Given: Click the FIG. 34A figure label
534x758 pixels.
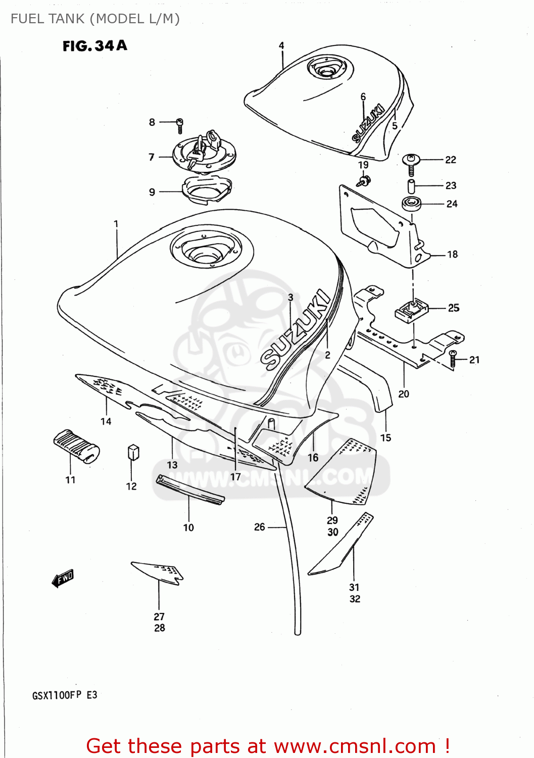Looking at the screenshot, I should point(94,46).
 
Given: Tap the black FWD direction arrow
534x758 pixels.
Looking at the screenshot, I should point(63,578).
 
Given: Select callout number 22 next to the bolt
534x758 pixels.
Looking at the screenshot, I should point(451,160).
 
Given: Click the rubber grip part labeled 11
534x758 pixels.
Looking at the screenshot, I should point(76,445).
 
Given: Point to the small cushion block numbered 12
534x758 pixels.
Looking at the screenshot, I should point(133,452).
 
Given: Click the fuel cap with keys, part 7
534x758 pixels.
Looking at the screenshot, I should point(204,152).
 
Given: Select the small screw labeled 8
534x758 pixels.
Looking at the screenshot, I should point(180,124).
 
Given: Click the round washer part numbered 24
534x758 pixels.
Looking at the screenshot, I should point(412,204).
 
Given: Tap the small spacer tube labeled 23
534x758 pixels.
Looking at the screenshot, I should point(411,185).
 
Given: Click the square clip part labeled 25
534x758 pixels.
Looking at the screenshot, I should point(411,310).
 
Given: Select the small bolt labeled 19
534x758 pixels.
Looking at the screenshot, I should point(364,180).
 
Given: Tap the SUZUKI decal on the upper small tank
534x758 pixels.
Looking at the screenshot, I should point(368,123).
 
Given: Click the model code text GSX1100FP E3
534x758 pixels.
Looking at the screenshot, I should point(65,695).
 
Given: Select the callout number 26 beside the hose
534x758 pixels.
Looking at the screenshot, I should point(259,527).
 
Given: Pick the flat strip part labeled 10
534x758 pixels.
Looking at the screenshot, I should point(190,489).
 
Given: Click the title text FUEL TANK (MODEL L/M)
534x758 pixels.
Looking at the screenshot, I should point(95,19).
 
